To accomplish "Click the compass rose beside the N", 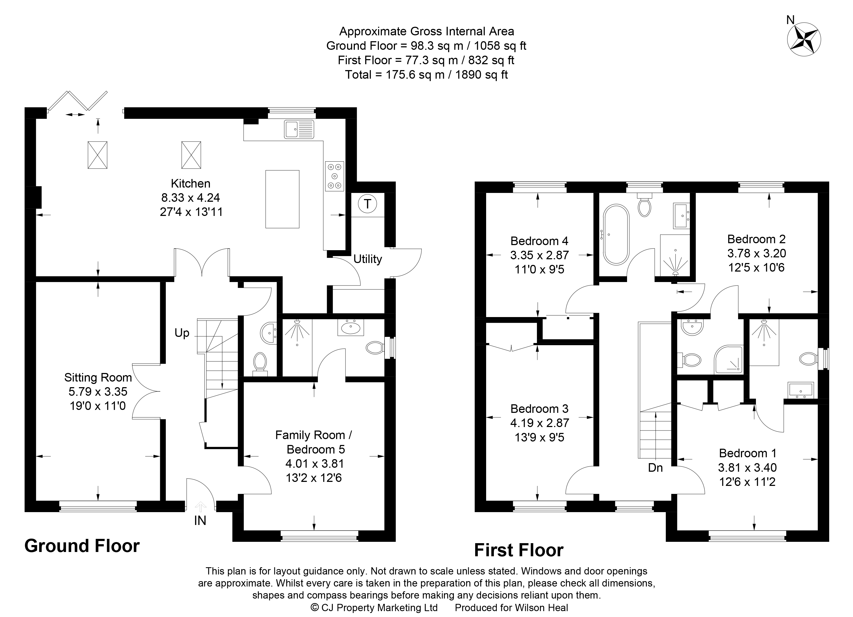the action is click(805, 40).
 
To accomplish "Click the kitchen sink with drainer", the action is click(299, 129).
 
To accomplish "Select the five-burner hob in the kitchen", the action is click(334, 176).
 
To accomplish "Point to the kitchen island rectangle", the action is click(282, 199).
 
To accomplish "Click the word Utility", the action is click(367, 259).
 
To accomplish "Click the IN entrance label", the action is click(200, 521).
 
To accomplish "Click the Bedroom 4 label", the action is click(539, 241).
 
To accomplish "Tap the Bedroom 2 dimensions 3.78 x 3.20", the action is click(756, 253).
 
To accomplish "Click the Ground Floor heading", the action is click(82, 546).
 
